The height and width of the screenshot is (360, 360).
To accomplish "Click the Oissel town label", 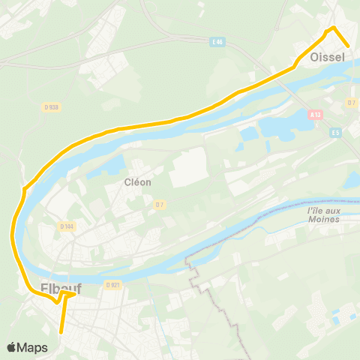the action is point(325,57).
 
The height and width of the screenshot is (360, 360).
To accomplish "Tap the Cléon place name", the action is point(138,182).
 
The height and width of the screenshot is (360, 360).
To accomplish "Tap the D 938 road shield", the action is point(51,107).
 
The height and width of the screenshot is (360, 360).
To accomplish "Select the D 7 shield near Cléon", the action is point(160,204).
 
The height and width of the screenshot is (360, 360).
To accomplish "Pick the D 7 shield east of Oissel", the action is point(351,102).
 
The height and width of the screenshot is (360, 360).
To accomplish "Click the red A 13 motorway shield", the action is point(316,115).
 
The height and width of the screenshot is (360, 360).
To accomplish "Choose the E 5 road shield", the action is point(336,132).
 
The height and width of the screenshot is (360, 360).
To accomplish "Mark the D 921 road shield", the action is point(113,285).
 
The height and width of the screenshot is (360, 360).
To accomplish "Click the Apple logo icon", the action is point(12,347).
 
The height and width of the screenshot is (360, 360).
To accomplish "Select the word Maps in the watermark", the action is point(33,347).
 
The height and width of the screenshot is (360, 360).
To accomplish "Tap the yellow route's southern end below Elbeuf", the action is point(61,331).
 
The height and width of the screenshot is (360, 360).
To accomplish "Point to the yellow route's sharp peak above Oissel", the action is point(332,28).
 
